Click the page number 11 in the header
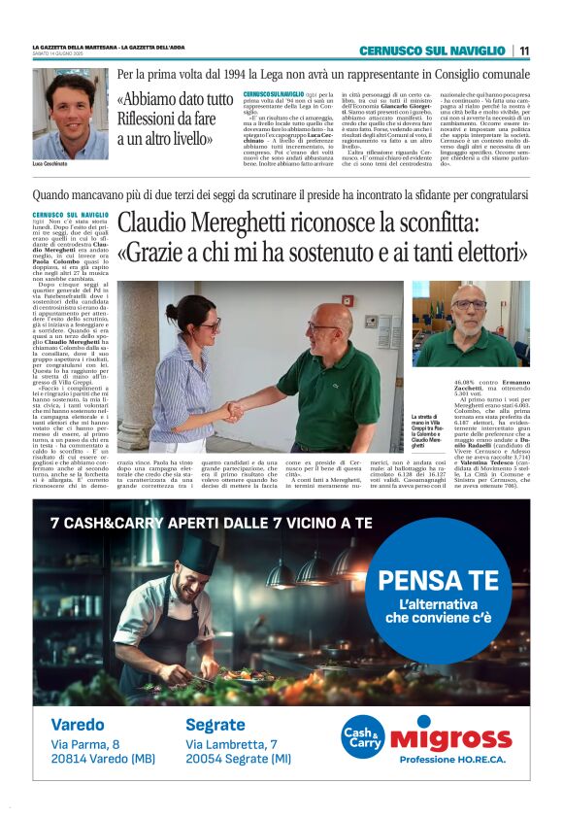coord(524,51)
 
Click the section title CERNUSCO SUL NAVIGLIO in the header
coord(433,51)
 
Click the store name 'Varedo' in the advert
coord(78,725)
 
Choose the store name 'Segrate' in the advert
coord(215,725)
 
